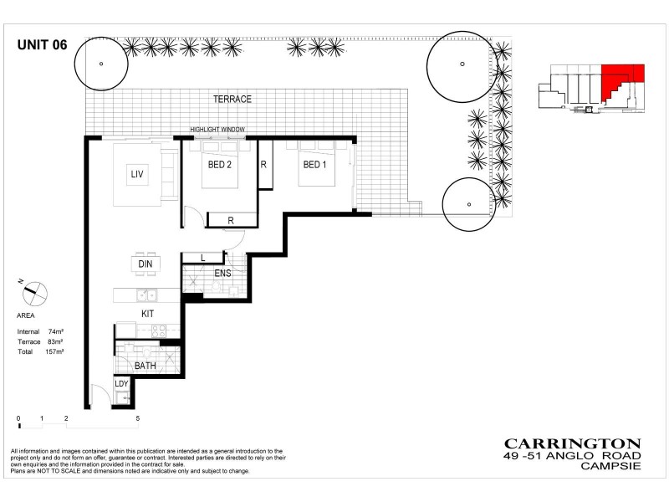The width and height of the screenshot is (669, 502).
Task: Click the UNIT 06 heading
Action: tap(43, 47)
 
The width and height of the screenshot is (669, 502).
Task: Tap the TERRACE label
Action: tap(232, 99)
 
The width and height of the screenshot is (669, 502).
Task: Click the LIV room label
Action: tap(137, 174)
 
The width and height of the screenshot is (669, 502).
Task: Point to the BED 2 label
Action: tap(220, 165)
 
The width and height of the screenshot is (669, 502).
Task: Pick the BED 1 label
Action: tap(314, 165)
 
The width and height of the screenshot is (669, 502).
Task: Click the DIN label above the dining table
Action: tap(146, 264)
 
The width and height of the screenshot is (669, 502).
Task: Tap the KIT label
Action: tap(147, 313)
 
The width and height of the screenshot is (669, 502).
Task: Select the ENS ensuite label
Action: tap(222, 274)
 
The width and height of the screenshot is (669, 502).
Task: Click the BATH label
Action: tap(145, 366)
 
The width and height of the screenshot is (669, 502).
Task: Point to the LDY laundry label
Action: tap(121, 383)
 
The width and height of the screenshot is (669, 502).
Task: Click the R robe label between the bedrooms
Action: tap(263, 165)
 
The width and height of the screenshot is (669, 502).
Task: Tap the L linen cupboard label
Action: tap(203, 258)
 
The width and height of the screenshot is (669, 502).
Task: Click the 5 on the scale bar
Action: tap(137, 417)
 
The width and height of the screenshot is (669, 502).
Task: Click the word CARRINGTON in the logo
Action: tap(572, 443)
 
